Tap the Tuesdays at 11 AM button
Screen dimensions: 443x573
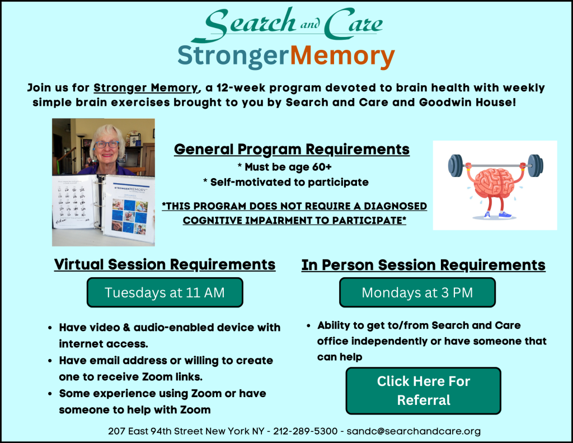click(x=165, y=292)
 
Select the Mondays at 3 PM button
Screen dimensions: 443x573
click(x=417, y=292)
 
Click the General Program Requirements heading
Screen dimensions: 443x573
click(x=292, y=150)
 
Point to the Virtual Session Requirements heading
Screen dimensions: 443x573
click(x=165, y=264)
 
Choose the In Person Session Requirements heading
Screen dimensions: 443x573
click(x=423, y=264)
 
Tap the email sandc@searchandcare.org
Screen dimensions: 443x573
click(x=414, y=431)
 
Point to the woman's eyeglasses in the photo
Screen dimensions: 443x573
click(x=106, y=144)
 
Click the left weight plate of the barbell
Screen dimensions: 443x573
click(x=455, y=166)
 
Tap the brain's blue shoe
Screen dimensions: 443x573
click(x=505, y=214)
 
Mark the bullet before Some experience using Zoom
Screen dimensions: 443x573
click(x=51, y=394)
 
